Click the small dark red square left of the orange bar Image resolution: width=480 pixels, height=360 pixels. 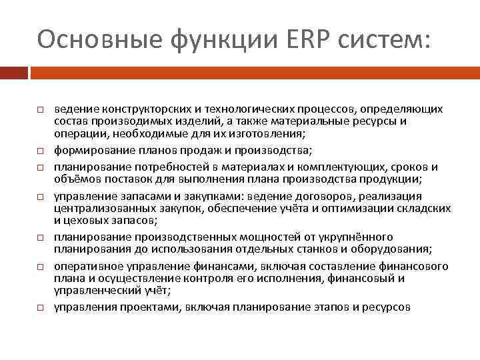point(13,72)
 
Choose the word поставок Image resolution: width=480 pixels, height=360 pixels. point(129,179)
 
